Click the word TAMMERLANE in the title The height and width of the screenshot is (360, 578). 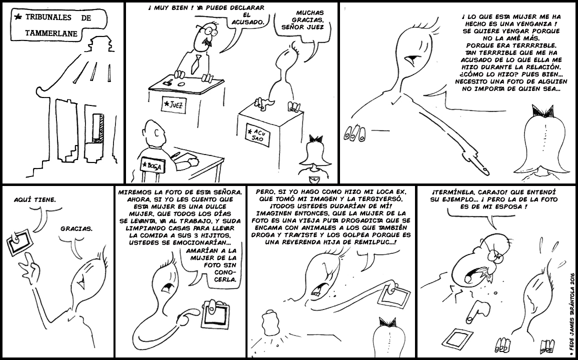click(51, 33)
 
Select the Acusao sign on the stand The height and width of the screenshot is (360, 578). click(257, 134)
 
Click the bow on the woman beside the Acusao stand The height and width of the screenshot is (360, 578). click(316, 138)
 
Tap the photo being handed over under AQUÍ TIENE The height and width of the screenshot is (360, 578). click(19, 242)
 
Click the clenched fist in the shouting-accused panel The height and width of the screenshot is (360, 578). click(272, 323)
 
